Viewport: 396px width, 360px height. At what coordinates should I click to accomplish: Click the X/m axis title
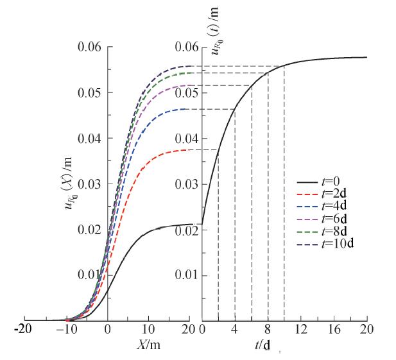click(x=148, y=344)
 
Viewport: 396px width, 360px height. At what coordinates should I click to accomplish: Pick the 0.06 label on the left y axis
click(x=90, y=47)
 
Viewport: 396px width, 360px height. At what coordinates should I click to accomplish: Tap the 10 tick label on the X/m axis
click(x=149, y=330)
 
